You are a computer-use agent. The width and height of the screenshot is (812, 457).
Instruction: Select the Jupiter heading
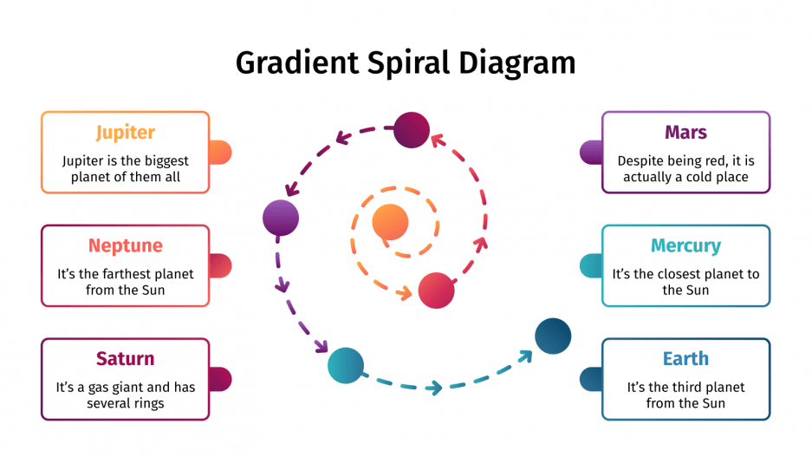(126, 133)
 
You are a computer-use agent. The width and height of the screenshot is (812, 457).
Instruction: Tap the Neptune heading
(126, 245)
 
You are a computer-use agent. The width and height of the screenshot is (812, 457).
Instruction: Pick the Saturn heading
(126, 358)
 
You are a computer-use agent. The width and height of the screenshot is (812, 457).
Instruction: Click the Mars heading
(685, 133)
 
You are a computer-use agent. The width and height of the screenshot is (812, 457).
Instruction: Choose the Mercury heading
(685, 245)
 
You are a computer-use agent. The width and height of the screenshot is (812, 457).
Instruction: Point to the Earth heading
(685, 358)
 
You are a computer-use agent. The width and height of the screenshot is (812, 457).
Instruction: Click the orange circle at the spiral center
(390, 222)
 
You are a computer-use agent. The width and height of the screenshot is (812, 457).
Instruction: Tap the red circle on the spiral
(437, 291)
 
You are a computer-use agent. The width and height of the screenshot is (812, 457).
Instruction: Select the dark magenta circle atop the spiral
(412, 130)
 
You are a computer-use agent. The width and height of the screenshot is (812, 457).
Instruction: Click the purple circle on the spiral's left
(281, 217)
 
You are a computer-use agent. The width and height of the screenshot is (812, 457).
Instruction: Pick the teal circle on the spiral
(345, 365)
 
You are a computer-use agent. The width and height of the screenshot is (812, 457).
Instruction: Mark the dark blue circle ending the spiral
(553, 336)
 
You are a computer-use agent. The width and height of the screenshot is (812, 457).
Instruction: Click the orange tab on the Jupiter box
(221, 153)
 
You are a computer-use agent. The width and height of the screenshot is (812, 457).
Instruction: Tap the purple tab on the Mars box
(590, 153)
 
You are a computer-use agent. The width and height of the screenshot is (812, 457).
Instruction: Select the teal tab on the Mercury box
(590, 265)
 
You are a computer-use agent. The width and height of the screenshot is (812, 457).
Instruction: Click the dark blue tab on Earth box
(590, 379)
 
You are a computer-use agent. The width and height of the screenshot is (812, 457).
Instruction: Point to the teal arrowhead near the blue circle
(525, 356)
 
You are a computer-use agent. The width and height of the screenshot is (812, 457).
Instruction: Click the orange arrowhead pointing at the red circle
(404, 293)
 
